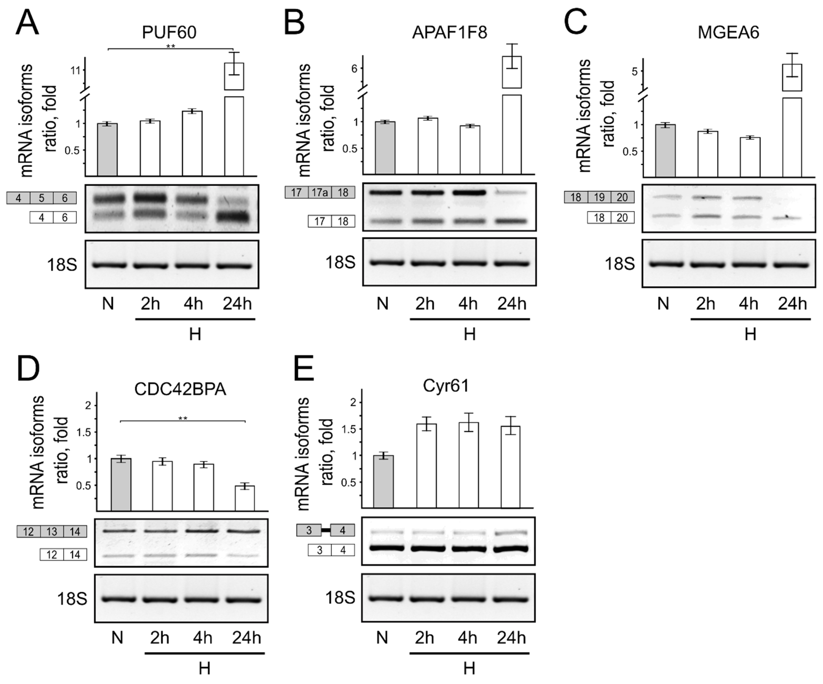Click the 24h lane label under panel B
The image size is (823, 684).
coord(511,304)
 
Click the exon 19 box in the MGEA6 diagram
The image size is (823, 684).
coord(599,197)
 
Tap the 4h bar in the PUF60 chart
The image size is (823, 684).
coord(192,143)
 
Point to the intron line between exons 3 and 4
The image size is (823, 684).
coord(326,530)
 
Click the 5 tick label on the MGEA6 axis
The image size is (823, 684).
coord(634,71)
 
